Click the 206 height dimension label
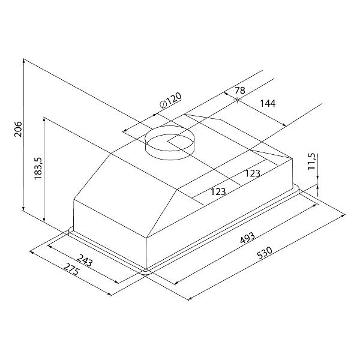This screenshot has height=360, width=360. pos(19,129)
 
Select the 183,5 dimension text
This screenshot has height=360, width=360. pos(38,169)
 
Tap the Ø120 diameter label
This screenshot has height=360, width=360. pos(170,100)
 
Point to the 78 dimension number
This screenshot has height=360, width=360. pos(240,90)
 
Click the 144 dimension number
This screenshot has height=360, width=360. pos(268,103)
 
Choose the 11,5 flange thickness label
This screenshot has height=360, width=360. pos(312,161)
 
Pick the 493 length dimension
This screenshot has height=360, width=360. pos(247,238)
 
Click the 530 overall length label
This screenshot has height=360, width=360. pos(265,253)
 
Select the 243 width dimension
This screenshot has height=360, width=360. pos(85,260)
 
